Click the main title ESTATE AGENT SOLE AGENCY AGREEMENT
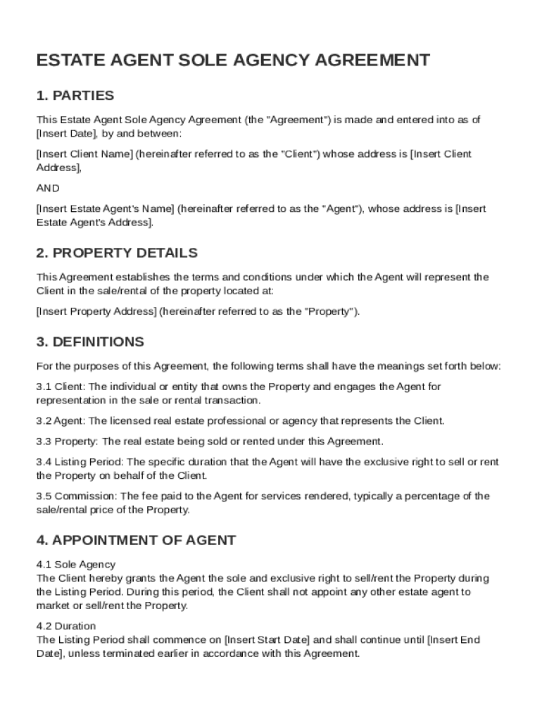(233, 60)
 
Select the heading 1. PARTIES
(75, 95)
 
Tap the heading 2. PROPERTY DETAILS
(117, 253)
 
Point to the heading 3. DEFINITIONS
(90, 341)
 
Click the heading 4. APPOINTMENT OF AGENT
(136, 540)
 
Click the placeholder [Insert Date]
(66, 133)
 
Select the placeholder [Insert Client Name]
(84, 153)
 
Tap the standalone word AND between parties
(48, 188)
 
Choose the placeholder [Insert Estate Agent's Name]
(105, 208)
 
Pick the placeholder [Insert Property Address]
(96, 311)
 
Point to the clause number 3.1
(44, 387)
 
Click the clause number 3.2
(44, 421)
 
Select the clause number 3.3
(44, 441)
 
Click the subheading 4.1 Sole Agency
(75, 564)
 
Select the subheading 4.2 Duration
(65, 626)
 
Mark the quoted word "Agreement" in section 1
(296, 120)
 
